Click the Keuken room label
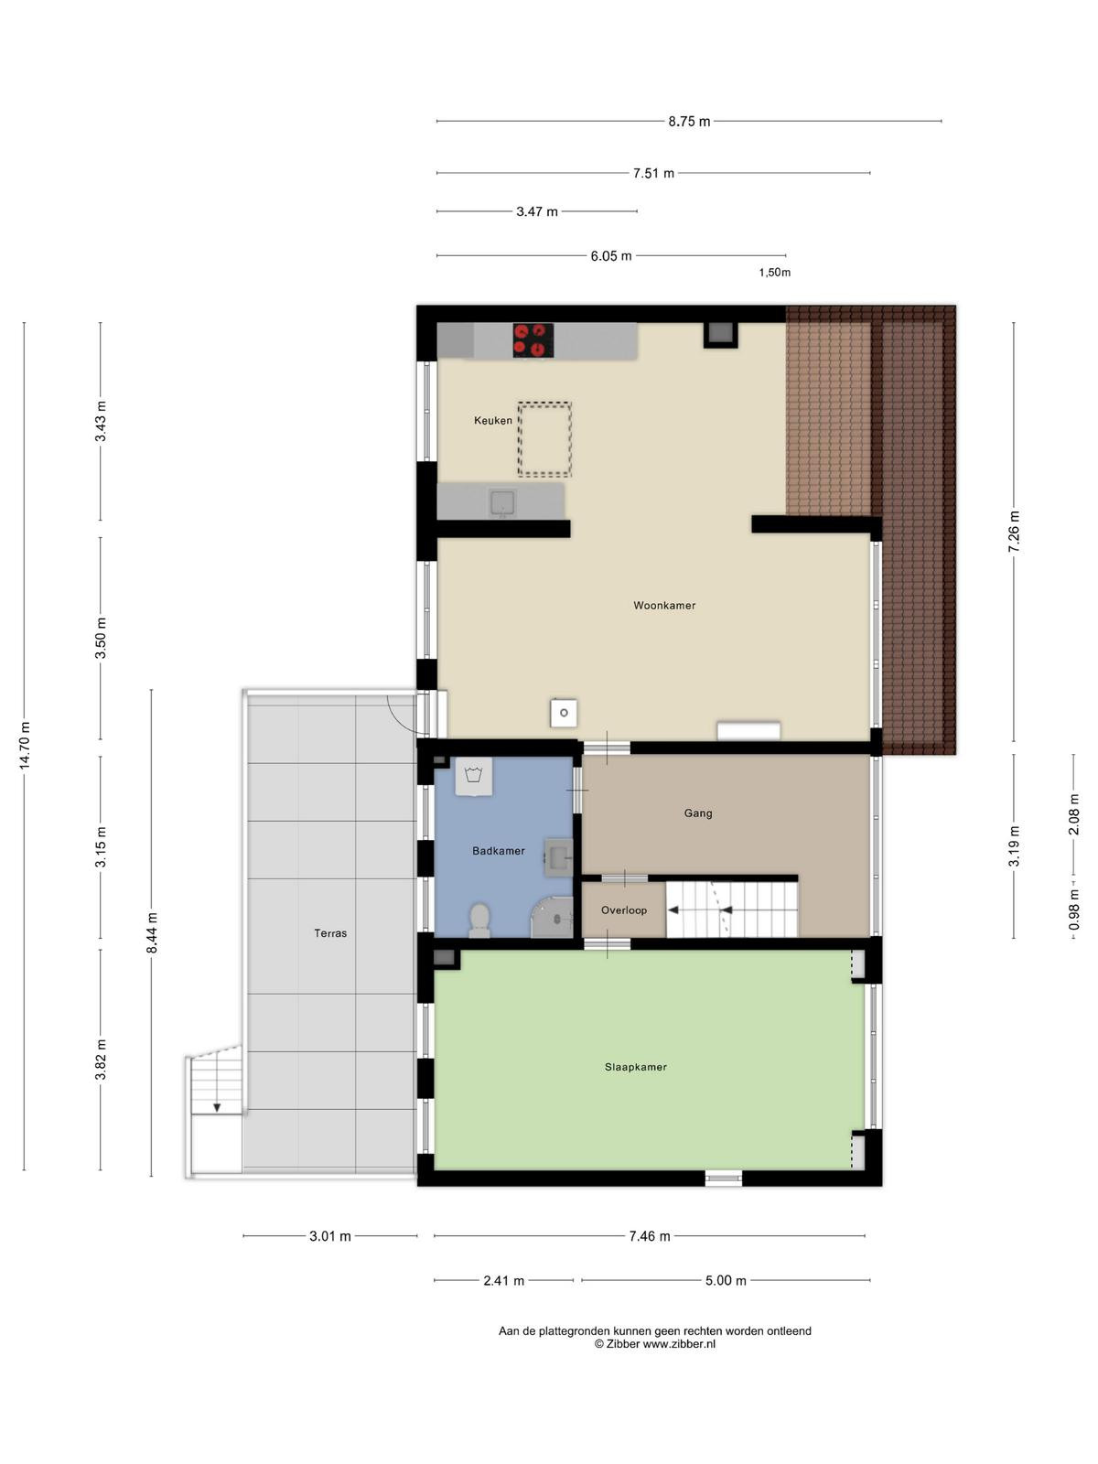click(x=492, y=420)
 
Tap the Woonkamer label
click(x=664, y=606)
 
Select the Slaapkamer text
click(x=635, y=1067)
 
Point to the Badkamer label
click(x=498, y=851)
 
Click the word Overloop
click(x=623, y=910)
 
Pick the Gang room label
click(x=698, y=813)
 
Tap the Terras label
click(x=330, y=933)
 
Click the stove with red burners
click(x=533, y=339)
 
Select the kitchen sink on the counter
click(x=502, y=503)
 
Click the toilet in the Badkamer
click(x=479, y=920)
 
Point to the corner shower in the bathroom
click(x=553, y=918)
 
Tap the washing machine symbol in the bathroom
click(x=473, y=776)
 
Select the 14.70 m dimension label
click(x=25, y=746)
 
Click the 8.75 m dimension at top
click(x=689, y=122)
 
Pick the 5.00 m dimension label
click(x=726, y=1280)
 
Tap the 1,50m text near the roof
click(x=774, y=272)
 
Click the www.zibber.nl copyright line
click(x=654, y=1343)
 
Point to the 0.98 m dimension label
click(x=1073, y=910)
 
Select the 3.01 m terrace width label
click(x=330, y=1236)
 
